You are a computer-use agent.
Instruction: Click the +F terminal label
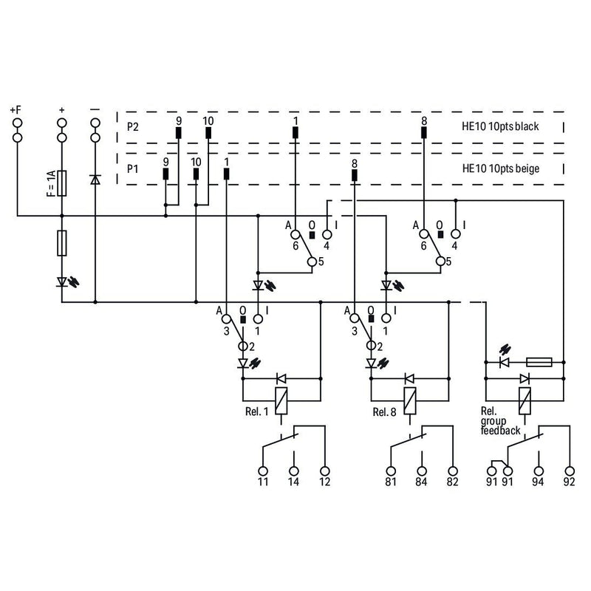(16, 110)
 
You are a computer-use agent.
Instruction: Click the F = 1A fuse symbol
(62, 183)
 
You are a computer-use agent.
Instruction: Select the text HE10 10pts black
(500, 126)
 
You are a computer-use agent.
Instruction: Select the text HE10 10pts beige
(501, 168)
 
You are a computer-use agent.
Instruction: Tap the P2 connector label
(133, 126)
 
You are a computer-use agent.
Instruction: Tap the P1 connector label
(132, 169)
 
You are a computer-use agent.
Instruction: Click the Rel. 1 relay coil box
(281, 400)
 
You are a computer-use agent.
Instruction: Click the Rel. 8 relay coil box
(410, 400)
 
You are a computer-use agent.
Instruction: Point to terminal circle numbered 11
(263, 471)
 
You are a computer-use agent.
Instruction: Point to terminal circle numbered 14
(294, 471)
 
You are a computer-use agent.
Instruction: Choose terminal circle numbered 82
(453, 471)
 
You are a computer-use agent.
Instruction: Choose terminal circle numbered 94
(539, 471)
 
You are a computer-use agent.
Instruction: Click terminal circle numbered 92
(570, 471)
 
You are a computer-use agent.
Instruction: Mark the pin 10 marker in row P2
(208, 133)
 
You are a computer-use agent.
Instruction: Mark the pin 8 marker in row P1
(355, 175)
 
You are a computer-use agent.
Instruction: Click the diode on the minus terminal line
(95, 180)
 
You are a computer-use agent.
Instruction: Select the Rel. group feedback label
(500, 421)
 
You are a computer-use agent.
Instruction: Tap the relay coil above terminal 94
(525, 400)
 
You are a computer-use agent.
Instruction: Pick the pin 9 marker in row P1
(165, 174)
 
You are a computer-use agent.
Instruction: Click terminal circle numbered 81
(392, 471)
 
